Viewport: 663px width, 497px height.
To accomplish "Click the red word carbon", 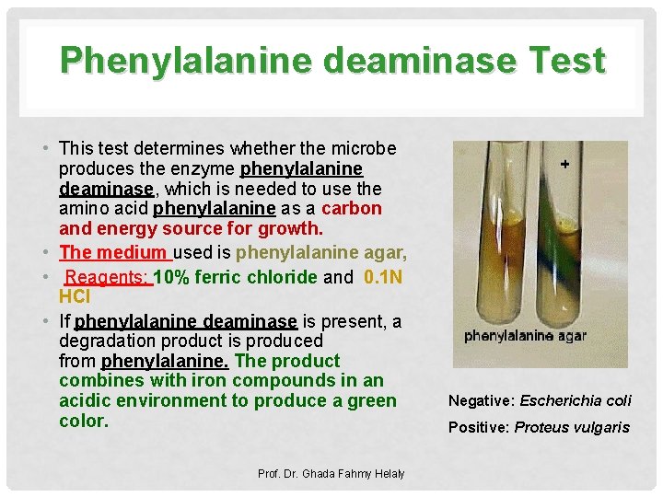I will [352, 208].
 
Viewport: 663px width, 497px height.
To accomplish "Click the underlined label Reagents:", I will [108, 277].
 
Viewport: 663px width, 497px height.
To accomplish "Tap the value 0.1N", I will [384, 277].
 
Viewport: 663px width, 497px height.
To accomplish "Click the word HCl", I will [74, 296].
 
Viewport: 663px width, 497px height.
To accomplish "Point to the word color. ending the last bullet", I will [84, 421].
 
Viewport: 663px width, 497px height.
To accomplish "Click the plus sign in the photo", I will [564, 163].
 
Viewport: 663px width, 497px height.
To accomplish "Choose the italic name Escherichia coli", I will [576, 400].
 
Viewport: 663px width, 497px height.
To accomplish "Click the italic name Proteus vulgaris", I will [572, 427].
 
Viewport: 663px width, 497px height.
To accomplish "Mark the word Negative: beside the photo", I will [482, 400].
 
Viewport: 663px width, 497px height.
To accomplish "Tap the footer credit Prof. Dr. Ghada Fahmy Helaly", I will [331, 473].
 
